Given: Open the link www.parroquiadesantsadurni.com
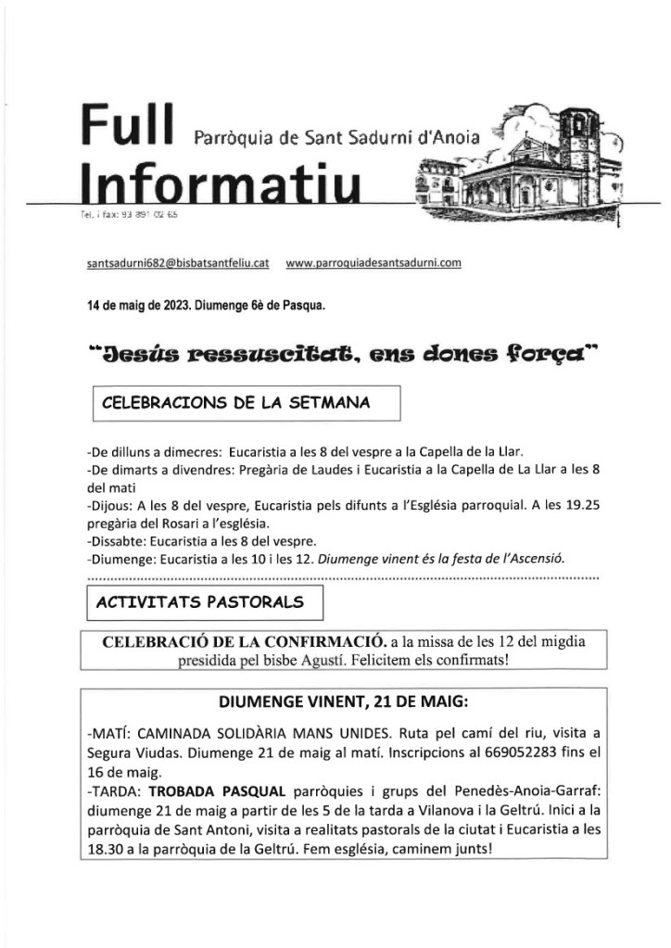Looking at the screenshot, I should tap(373, 263).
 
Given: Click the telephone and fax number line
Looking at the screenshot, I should tap(130, 215).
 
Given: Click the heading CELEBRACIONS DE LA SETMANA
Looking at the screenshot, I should tap(235, 403).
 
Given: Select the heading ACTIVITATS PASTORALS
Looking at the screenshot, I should tap(200, 601).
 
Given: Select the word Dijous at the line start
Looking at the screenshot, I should tap(108, 507).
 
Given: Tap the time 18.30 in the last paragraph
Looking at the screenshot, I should tap(106, 847).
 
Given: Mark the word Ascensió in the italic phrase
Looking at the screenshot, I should tap(536, 558).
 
